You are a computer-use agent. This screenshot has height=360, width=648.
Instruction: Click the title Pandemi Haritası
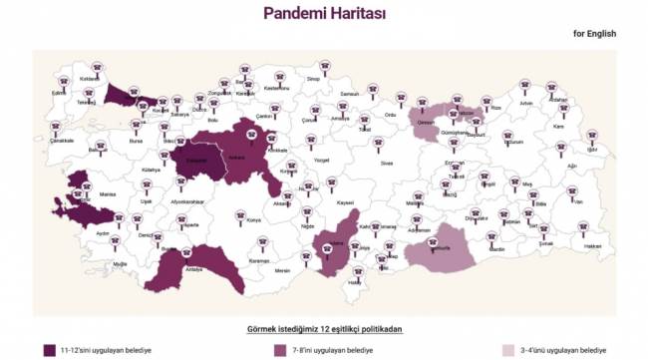click(323, 13)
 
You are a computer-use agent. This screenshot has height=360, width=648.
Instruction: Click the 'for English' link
click(594, 33)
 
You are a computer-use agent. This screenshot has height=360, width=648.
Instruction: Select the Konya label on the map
click(253, 219)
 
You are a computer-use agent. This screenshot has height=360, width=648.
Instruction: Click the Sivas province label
click(388, 162)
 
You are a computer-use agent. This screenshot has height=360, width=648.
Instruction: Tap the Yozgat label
click(321, 160)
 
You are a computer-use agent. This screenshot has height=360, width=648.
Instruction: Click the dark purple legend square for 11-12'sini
click(49, 350)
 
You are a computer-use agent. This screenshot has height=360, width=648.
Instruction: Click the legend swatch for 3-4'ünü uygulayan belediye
click(507, 350)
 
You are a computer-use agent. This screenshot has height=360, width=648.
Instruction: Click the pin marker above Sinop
click(313, 65)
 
